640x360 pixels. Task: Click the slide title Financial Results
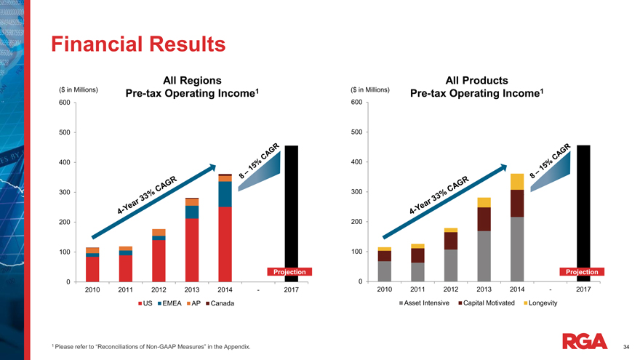138,44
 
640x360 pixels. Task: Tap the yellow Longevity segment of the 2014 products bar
517,181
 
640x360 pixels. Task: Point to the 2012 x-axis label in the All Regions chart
159,290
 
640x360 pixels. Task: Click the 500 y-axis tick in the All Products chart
356,132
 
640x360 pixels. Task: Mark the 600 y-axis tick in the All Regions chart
64,103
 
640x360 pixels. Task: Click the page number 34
627,348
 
